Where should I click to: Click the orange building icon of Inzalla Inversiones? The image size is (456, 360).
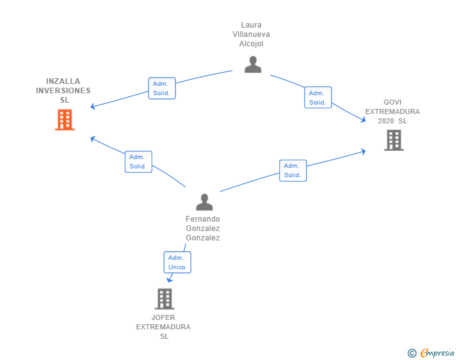pos(65,120)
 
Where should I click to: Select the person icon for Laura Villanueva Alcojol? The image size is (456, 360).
pos(252,64)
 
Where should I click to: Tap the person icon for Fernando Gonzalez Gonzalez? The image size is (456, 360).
pos(204,202)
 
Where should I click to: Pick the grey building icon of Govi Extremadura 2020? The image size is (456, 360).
pos(393,140)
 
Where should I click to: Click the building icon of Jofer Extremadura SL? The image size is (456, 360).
pos(164,299)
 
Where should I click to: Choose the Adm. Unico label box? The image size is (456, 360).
pos(177,262)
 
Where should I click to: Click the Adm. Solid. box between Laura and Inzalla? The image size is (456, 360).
pos(162,88)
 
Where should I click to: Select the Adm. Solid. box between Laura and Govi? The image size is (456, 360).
pos(318,97)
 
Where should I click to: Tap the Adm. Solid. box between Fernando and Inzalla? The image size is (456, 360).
pos(138,162)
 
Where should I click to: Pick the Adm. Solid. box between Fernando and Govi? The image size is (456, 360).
pos(293,170)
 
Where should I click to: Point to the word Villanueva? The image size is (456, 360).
pos(251,34)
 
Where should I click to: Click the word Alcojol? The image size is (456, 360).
pos(251,44)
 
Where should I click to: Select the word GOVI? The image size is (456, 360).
pos(393,102)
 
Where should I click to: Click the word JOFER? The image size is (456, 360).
pos(164,317)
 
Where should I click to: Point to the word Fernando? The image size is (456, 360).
pos(203,219)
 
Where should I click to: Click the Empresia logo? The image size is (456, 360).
pos(437,353)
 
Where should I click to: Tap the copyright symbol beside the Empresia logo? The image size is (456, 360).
pos(412,353)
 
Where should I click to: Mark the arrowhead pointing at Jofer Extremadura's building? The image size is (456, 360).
pos(169,280)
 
